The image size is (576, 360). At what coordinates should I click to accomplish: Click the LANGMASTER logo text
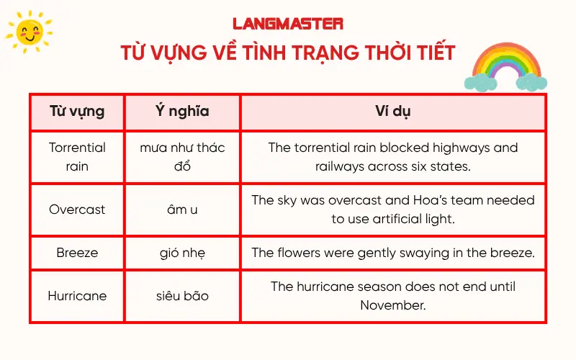point(288,24)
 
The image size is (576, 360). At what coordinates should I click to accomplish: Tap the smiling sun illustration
point(28,32)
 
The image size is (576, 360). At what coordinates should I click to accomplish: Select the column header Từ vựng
point(77,112)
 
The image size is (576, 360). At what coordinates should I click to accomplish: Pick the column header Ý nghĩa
point(182,112)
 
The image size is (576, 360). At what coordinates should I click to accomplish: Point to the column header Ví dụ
point(393,112)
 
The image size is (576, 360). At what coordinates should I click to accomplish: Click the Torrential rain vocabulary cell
point(77,157)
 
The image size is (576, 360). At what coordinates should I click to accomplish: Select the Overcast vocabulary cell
point(77,210)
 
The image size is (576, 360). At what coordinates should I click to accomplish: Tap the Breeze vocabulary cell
point(77,253)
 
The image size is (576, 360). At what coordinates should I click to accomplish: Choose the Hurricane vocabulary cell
point(77,296)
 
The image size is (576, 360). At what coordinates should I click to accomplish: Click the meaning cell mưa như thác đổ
point(182,157)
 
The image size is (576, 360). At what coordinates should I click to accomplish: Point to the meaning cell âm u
point(182,210)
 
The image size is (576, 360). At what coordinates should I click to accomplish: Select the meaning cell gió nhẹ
point(182,253)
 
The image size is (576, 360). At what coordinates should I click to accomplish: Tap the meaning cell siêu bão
point(182,296)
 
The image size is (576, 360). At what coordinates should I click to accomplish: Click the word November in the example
point(393,305)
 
